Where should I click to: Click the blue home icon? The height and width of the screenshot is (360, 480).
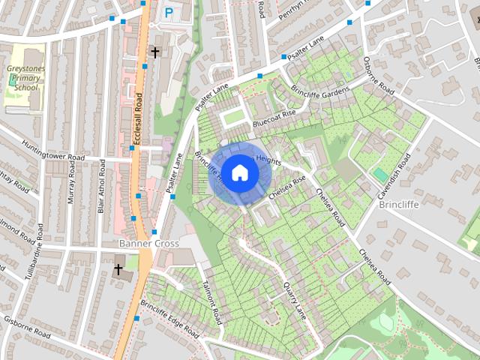coord(239,172)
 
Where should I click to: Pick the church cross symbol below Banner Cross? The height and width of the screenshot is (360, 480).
coord(118,268)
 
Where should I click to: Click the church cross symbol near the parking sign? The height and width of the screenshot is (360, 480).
coord(155,52)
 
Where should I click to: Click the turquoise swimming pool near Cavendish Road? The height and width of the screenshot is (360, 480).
coord(381,174)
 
